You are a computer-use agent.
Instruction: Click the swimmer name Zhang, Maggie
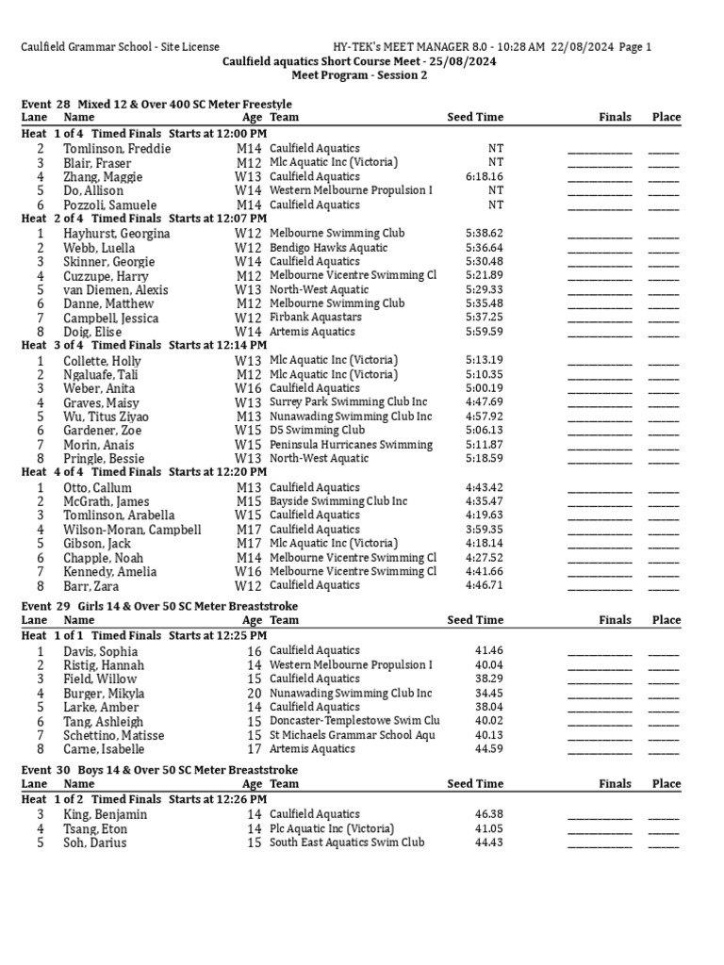(x=103, y=176)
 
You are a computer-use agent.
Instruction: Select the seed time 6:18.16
(x=484, y=176)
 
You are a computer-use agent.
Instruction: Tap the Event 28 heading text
(x=156, y=104)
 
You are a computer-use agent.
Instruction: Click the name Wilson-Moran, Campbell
(x=132, y=530)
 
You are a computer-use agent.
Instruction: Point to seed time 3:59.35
(x=484, y=530)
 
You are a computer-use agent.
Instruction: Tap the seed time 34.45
(x=490, y=693)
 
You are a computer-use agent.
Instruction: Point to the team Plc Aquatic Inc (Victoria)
(x=332, y=828)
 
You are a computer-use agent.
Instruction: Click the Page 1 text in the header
(x=633, y=47)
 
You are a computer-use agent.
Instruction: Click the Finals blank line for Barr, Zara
(x=600, y=585)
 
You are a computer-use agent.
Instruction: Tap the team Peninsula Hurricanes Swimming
(x=351, y=445)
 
